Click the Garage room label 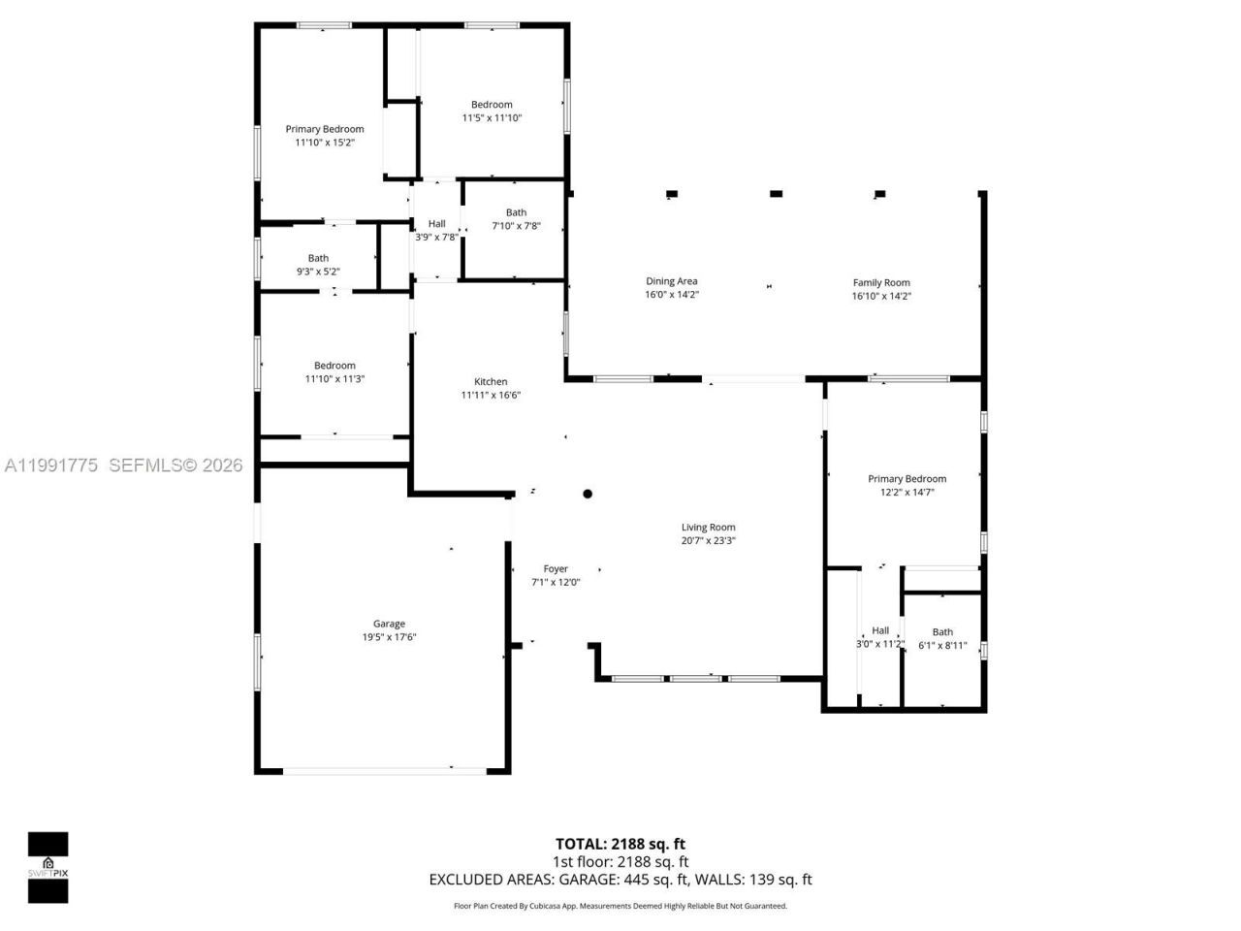390,624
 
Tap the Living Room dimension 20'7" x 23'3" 708,541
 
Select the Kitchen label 491,381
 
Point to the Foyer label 556,569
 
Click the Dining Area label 672,281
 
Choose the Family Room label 881,282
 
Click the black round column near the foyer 588,494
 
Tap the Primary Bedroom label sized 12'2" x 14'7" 907,478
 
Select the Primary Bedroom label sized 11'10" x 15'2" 325,129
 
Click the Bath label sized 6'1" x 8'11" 942,631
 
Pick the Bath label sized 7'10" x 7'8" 516,212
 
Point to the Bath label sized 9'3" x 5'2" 318,258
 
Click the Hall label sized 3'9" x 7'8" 437,223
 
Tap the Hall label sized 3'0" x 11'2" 880,630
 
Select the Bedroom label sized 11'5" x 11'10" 492,105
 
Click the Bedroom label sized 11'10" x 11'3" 334,366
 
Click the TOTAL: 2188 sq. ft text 620,844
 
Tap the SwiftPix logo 48,866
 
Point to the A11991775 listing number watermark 50,465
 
